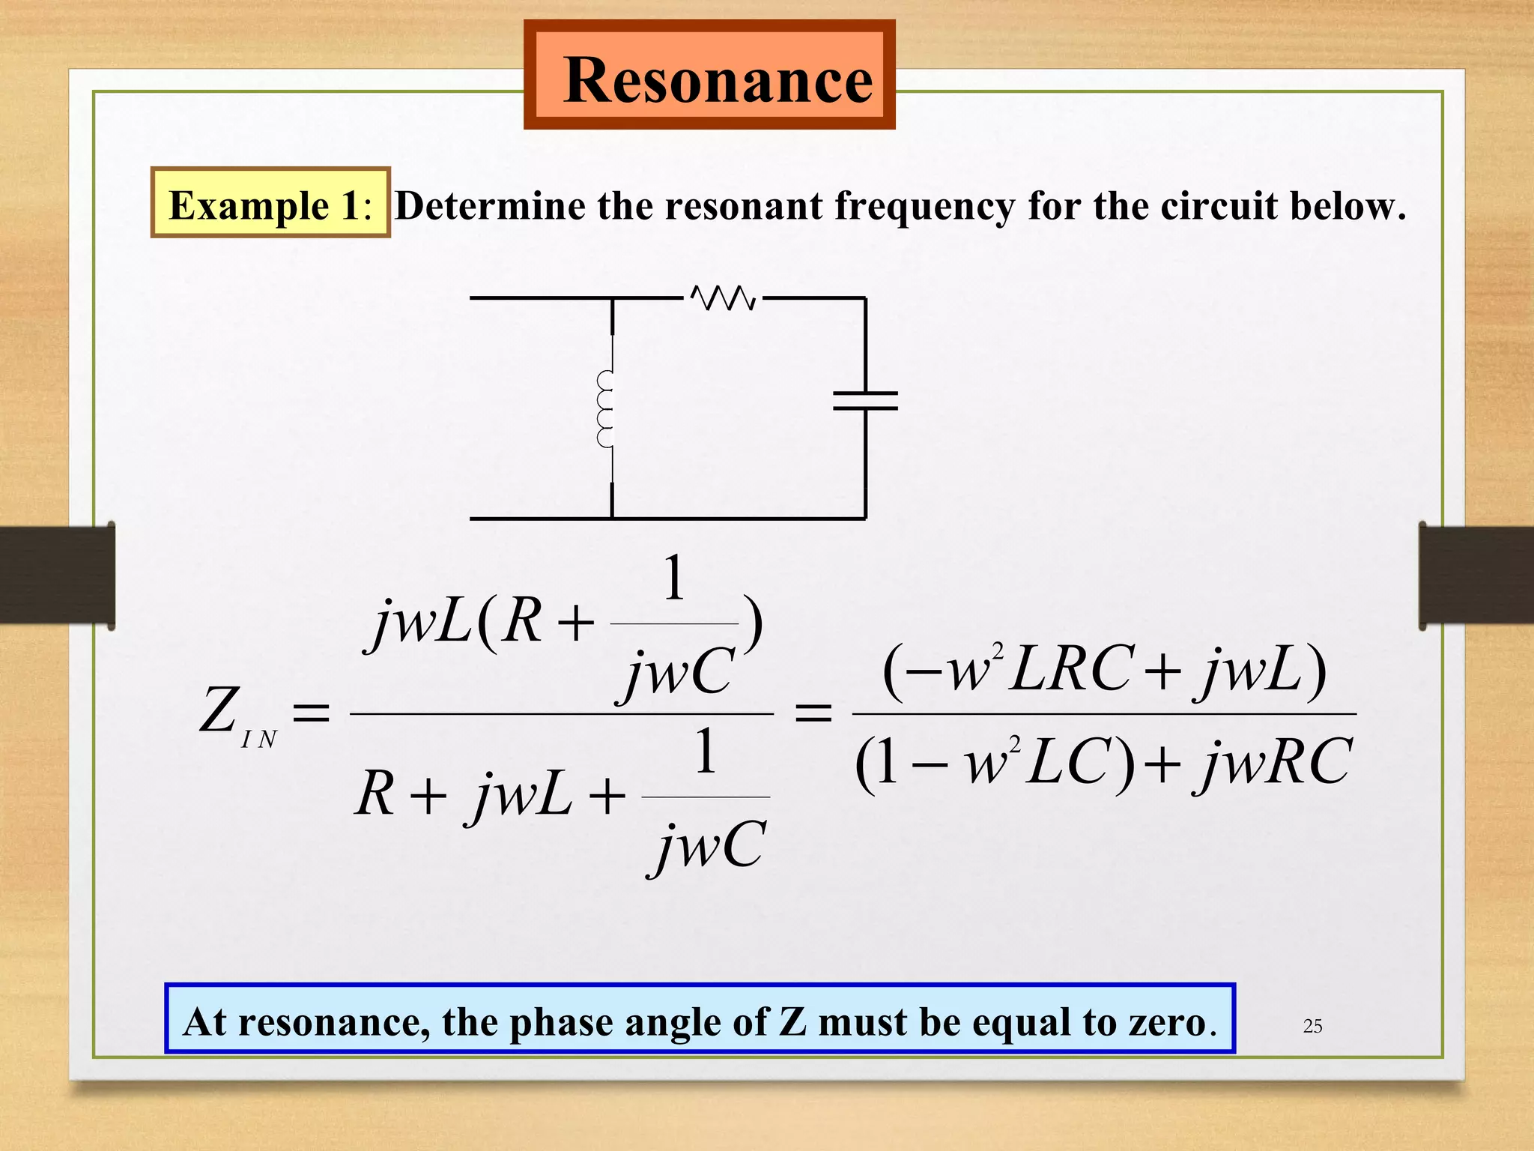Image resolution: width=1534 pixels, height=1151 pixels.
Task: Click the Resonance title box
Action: (709, 75)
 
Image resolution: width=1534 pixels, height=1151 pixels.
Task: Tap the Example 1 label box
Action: (270, 202)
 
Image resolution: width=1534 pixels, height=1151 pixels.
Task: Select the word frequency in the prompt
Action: (924, 206)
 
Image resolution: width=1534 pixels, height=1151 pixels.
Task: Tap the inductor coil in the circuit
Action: (605, 409)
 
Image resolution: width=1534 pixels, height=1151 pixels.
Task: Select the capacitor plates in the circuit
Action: (865, 400)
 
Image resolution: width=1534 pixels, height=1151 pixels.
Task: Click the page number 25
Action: (1312, 1026)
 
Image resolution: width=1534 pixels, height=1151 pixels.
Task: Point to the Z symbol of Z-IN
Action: (218, 710)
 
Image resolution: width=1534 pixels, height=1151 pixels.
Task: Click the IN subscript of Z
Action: (259, 740)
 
